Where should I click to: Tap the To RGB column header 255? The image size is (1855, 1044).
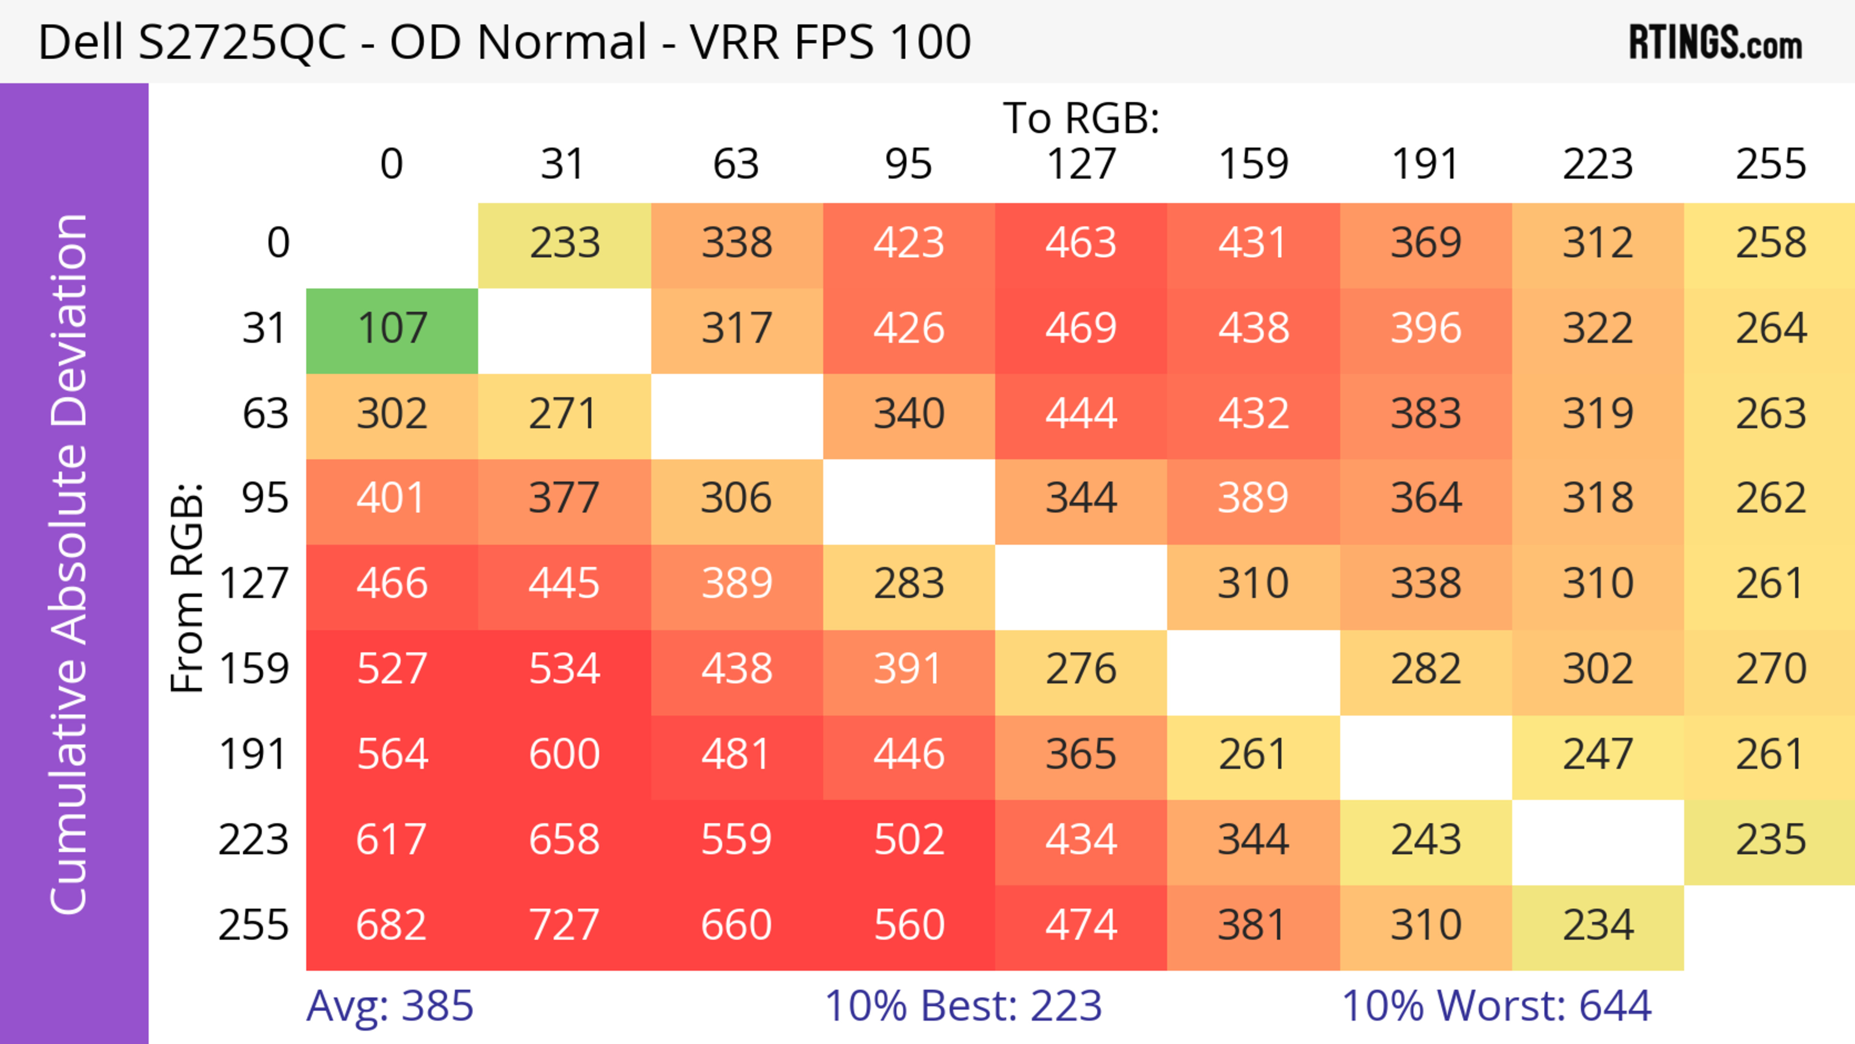(1770, 164)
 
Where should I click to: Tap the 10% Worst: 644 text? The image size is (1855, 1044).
(1497, 1006)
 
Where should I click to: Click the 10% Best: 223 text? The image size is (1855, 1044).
(963, 1006)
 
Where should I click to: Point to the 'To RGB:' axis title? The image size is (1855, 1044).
(1081, 118)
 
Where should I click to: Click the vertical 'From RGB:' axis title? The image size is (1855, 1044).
(187, 587)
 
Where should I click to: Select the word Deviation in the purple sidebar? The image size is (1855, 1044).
(70, 320)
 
